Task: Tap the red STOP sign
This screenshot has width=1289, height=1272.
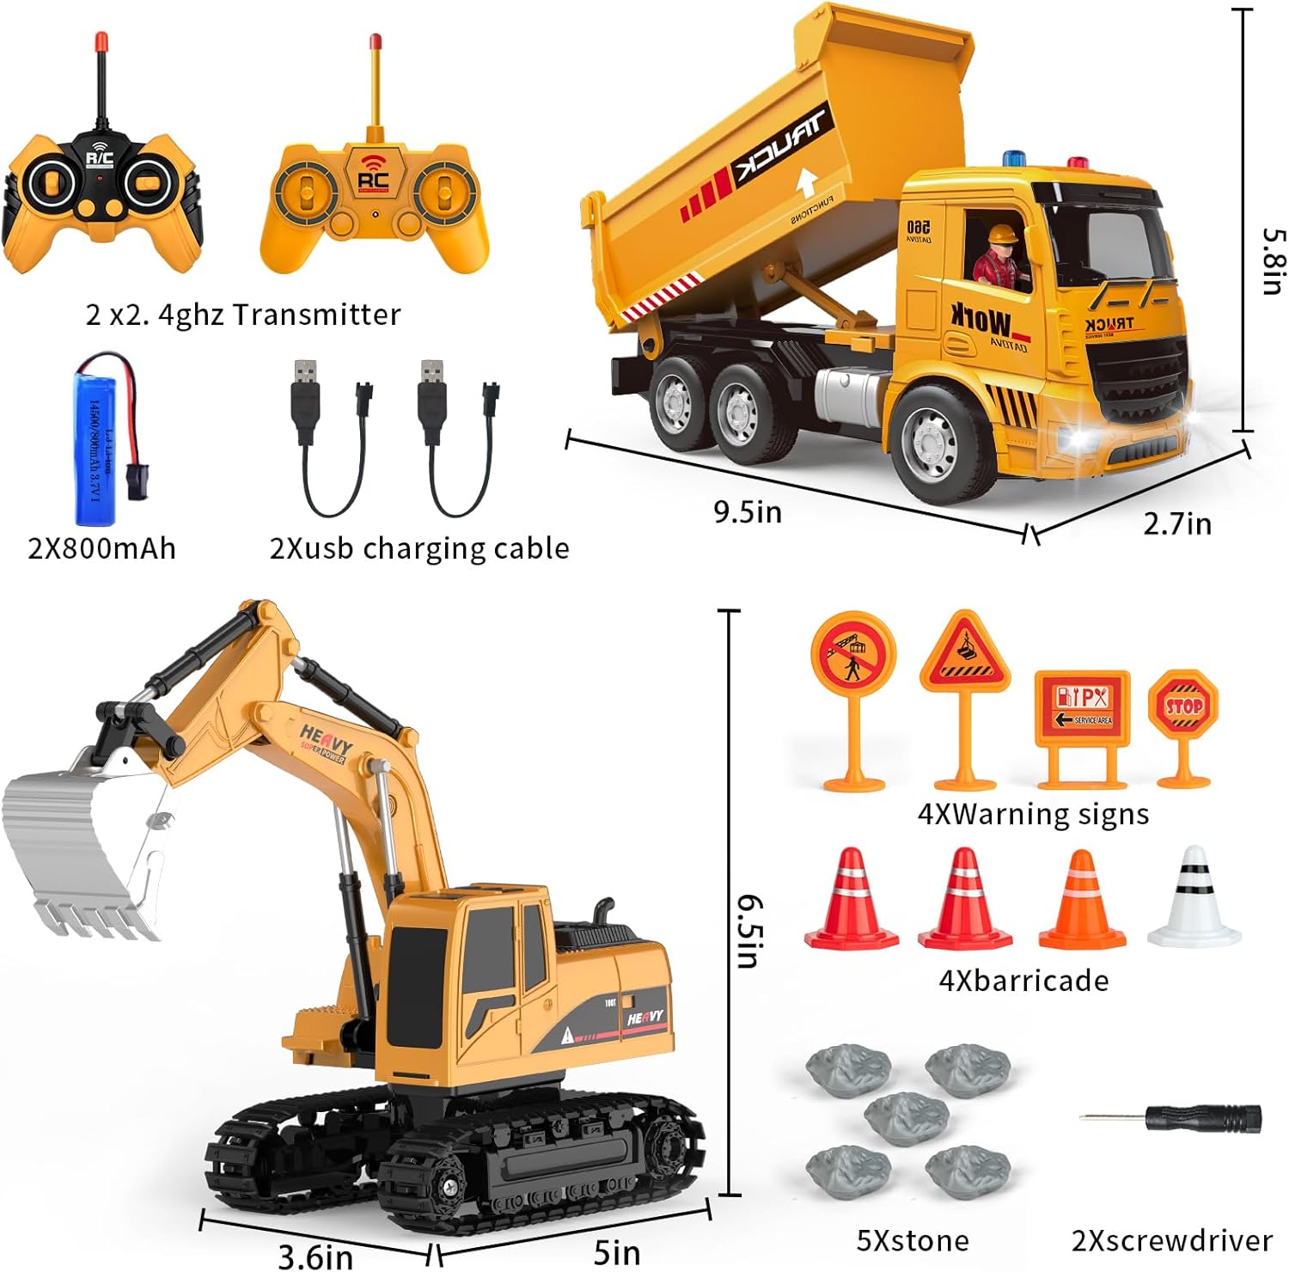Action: point(1183,706)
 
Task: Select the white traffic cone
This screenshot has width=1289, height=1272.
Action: point(1194,898)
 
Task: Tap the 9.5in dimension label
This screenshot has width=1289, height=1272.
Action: point(748,512)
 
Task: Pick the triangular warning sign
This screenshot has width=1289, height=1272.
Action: point(965,652)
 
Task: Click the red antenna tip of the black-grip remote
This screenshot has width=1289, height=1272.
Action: point(102,40)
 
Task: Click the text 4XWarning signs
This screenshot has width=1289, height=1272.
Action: point(1033,814)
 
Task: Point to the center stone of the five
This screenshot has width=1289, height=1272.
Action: point(907,1116)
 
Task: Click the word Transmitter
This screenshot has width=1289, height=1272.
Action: point(317,315)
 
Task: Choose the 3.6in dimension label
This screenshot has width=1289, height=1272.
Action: point(315,1257)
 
